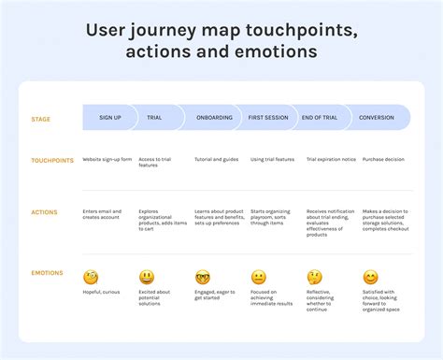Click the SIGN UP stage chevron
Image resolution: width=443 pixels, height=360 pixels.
[x=110, y=118]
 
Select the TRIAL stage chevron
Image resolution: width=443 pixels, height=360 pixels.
[x=154, y=118]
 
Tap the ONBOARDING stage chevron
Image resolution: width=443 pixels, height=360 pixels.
[x=214, y=118]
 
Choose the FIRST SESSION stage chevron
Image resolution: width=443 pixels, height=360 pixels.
[x=268, y=118]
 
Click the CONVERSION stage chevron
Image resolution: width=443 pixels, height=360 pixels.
[x=377, y=118]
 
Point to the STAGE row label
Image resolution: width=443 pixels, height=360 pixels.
[x=40, y=119]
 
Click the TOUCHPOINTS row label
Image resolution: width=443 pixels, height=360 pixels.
[x=51, y=161]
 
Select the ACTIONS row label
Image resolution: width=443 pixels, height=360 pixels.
[x=44, y=211]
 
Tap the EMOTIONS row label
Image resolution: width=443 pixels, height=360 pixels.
[x=47, y=273]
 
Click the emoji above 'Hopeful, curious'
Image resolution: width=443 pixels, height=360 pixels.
[x=91, y=278]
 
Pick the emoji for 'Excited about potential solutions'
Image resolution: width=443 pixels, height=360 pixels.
[x=147, y=278]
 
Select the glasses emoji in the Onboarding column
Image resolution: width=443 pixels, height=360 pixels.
[x=203, y=278]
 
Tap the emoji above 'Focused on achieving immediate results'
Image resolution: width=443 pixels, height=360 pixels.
[x=259, y=278]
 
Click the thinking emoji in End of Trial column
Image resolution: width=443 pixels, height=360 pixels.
[x=315, y=278]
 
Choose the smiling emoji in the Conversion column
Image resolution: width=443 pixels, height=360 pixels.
[x=370, y=278]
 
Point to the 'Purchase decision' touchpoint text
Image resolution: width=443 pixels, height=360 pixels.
[x=383, y=160]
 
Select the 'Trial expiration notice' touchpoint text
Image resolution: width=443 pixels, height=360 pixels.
[x=331, y=160]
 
